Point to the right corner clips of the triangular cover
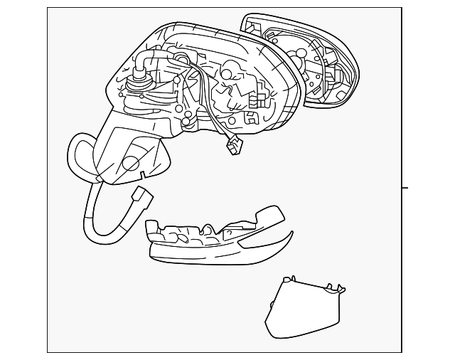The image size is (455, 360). click(x=338, y=289)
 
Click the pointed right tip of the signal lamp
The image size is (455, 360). click(x=289, y=235)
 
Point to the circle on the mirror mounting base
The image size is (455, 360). click(x=131, y=164)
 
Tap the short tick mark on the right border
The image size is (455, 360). click(x=405, y=188)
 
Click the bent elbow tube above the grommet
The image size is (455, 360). click(x=146, y=58)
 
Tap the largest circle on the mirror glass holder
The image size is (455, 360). click(x=301, y=52)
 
